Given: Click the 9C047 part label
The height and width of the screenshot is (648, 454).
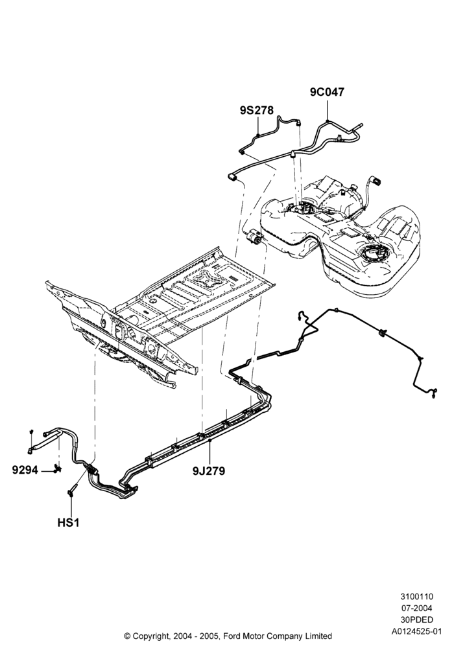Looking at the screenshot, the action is [327, 92].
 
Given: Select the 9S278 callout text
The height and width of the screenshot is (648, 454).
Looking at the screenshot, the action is [257, 110].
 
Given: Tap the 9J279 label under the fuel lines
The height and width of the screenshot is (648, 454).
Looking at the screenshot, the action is [209, 470].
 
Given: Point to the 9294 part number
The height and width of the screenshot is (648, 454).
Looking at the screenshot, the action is [25, 470].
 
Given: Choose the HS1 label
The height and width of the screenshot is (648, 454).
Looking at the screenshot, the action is [68, 523].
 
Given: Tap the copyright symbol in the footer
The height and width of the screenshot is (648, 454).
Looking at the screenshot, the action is [127, 636].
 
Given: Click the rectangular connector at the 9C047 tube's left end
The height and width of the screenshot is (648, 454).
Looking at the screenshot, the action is [232, 178].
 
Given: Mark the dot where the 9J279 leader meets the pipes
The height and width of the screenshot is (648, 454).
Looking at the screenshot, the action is [209, 441].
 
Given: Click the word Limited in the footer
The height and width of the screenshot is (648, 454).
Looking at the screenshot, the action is [317, 636].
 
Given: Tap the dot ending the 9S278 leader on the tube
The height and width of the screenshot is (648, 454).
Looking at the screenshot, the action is [258, 135].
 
